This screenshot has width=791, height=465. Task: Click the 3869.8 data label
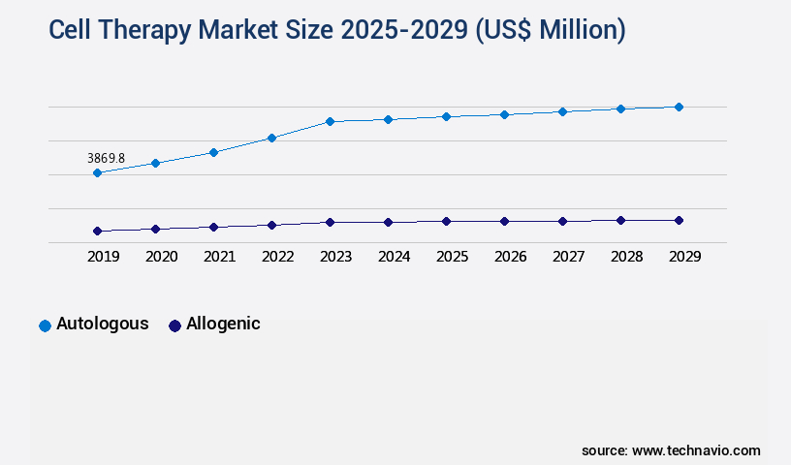tap(106, 158)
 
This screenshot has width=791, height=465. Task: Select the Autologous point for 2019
tap(97, 173)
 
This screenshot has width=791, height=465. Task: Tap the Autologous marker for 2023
tap(330, 121)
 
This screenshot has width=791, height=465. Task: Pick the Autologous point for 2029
tap(679, 107)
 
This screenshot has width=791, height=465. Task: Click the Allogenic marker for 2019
tap(97, 231)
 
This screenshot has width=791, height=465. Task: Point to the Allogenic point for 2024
tap(388, 222)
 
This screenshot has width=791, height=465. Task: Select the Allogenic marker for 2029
tap(679, 220)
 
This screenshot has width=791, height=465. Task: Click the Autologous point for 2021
tap(213, 152)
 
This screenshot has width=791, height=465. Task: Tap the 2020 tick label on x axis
tap(161, 257)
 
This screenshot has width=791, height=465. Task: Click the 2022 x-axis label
tap(277, 257)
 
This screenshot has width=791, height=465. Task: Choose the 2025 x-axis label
tap(452, 257)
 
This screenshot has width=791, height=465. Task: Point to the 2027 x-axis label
tap(568, 257)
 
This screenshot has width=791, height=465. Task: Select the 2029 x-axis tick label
tap(684, 257)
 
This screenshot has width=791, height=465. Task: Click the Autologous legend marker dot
tap(45, 325)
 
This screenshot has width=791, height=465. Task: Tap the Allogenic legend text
tap(223, 324)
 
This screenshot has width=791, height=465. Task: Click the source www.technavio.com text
tap(671, 450)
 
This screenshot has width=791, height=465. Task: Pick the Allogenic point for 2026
tap(504, 221)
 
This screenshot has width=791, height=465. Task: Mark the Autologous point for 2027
tap(562, 111)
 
